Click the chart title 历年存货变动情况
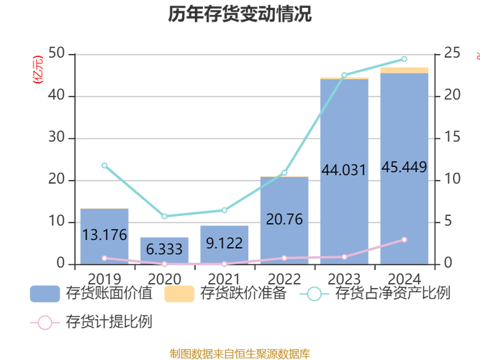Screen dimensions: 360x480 (x=240, y=14)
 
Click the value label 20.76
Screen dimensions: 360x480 (x=284, y=220)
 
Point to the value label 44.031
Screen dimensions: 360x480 (x=344, y=171)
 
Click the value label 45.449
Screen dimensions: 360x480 (x=404, y=167)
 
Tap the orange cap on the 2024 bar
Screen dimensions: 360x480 (x=404, y=70)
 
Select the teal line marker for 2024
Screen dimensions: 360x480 (x=404, y=59)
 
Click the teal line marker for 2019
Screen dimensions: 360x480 (x=104, y=166)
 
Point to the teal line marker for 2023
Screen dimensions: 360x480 (x=344, y=75)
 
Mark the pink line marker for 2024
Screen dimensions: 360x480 (x=404, y=240)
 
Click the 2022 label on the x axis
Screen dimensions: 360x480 (x=284, y=278)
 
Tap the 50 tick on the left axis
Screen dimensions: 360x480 (x=55, y=54)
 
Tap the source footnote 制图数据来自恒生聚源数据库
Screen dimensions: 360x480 (x=240, y=353)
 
